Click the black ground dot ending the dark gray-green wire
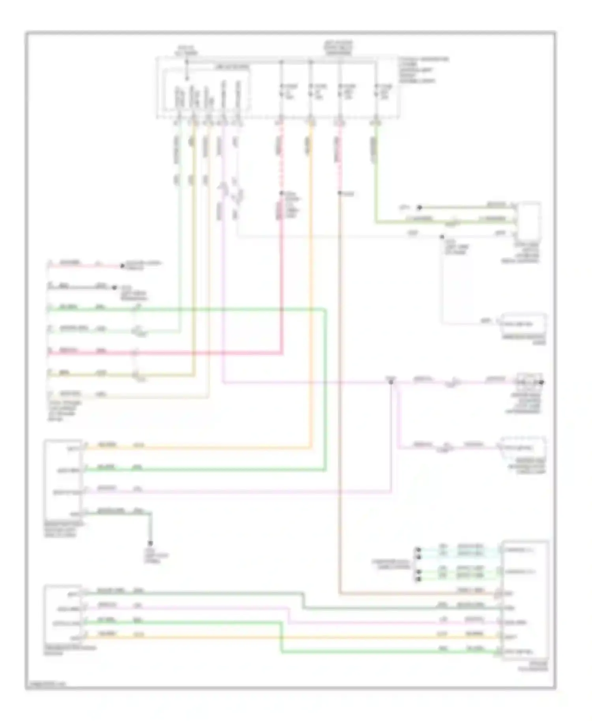pyautogui.click(x=150, y=543)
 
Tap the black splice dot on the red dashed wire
pyautogui.click(x=281, y=193)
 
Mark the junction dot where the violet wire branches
pyautogui.click(x=391, y=382)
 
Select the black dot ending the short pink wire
pyautogui.click(x=122, y=266)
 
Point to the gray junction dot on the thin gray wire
pyautogui.click(x=442, y=237)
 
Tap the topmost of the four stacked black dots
pyautogui.click(x=419, y=549)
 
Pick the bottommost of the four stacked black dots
pyautogui.click(x=419, y=579)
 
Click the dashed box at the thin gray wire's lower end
pyautogui.click(x=523, y=323)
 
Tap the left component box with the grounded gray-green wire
pyautogui.click(x=64, y=479)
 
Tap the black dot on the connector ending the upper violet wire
pyautogui.click(x=542, y=382)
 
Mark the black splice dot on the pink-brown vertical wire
pyautogui.click(x=339, y=193)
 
